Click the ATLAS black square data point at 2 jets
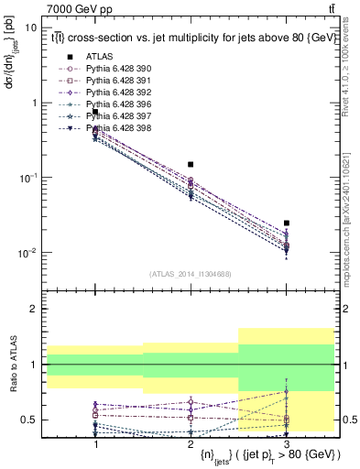pyautogui.click(x=191, y=164)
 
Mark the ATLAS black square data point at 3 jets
pyautogui.click(x=287, y=223)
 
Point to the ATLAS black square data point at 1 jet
pyautogui.click(x=95, y=112)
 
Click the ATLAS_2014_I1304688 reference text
pyautogui.click(x=191, y=274)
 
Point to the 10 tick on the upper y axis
pyautogui.click(x=32, y=27)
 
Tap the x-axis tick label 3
pyautogui.click(x=287, y=442)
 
